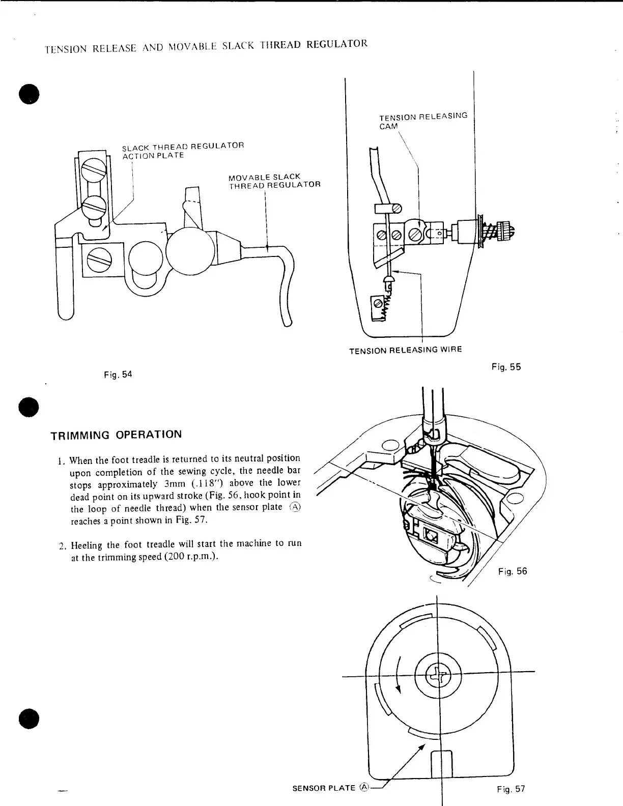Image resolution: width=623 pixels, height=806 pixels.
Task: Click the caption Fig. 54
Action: [118, 375]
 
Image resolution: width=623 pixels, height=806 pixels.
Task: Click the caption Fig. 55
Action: [506, 367]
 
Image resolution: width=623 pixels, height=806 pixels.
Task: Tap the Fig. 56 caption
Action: [512, 571]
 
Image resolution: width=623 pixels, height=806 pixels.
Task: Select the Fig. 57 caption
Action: [511, 789]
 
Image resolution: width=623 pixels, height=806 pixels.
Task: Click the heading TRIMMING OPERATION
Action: [116, 435]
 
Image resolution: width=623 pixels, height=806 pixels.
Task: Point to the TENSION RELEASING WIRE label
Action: [405, 350]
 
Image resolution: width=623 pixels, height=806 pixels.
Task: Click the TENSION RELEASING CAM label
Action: [422, 121]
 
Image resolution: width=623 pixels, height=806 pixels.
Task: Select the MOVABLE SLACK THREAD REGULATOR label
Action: [274, 181]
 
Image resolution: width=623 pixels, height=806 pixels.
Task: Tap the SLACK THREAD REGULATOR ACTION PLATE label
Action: [183, 150]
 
